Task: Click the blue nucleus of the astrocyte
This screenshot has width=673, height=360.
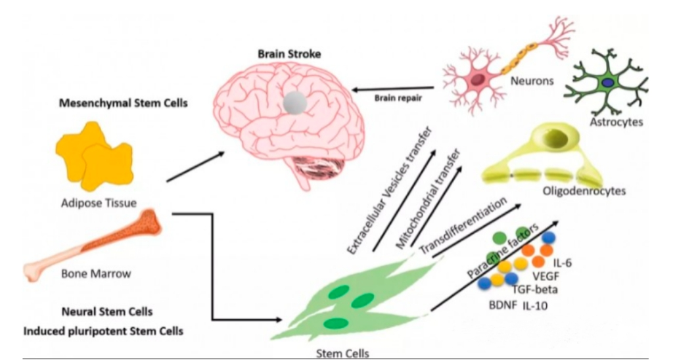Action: (609, 82)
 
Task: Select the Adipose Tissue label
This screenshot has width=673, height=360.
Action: (105, 203)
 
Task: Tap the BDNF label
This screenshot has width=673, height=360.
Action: (499, 305)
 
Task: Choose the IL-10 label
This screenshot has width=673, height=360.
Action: (537, 305)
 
